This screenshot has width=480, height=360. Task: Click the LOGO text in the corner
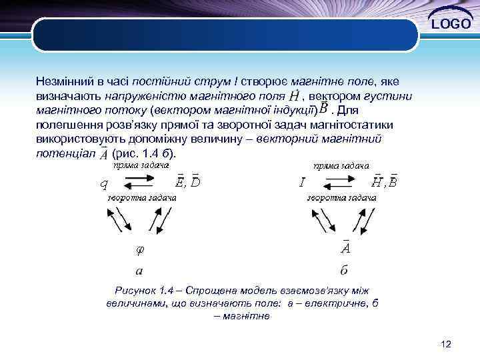451,25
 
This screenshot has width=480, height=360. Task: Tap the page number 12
446,344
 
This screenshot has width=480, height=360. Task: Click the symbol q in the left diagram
104,183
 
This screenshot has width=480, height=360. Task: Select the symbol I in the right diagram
302,181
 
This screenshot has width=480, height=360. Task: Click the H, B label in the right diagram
384,181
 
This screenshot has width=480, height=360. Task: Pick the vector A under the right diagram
345,247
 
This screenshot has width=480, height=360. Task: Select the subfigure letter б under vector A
344,271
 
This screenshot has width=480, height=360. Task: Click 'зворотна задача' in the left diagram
141,198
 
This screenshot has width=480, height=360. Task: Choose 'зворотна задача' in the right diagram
341,198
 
